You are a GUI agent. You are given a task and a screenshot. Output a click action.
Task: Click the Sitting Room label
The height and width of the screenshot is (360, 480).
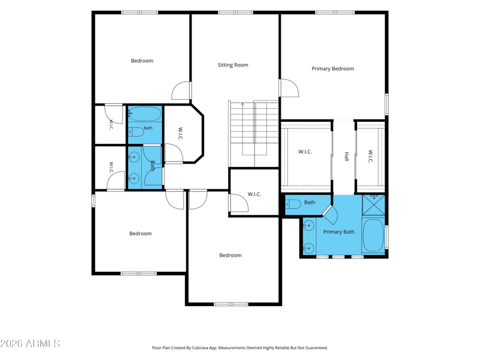click(x=233, y=65)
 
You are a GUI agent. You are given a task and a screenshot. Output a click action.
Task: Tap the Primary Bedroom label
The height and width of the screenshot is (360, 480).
click(x=333, y=69)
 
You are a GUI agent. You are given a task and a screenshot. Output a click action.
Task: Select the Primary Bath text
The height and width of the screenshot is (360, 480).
click(x=338, y=232)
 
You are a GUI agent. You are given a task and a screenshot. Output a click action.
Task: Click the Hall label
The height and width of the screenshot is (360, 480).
click(x=347, y=157)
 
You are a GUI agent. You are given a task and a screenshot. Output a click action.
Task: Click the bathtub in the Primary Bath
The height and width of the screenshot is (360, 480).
click(x=373, y=235)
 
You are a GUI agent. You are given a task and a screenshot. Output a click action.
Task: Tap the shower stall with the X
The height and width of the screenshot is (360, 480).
click(x=373, y=205)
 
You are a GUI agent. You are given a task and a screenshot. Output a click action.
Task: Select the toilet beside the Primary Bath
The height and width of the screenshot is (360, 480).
click(x=293, y=204)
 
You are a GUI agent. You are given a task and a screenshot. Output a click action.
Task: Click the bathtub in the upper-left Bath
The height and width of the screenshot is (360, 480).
click(x=145, y=114)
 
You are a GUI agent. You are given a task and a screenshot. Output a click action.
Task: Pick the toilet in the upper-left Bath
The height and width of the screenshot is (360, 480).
click(x=136, y=132)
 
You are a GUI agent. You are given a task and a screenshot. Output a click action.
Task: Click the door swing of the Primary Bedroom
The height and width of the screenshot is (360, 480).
click(x=290, y=88)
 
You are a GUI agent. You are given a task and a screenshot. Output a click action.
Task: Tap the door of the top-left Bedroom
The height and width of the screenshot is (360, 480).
click(x=181, y=91)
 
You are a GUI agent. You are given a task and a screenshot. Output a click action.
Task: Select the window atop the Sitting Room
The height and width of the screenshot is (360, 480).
click(x=235, y=13)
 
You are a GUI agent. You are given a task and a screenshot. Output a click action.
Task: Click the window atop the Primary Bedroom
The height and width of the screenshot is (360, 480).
click(x=335, y=13)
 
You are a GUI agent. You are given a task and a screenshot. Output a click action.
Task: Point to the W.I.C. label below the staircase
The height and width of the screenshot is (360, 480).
click(x=254, y=194)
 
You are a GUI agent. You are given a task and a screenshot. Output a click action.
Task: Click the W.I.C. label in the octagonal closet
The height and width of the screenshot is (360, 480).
click(x=181, y=134)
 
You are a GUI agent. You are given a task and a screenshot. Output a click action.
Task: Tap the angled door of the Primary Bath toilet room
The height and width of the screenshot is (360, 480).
click(x=327, y=211)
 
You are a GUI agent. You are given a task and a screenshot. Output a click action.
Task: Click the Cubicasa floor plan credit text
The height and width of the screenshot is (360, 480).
click(x=239, y=348)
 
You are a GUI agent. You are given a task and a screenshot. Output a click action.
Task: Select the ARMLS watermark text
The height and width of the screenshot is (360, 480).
click(x=30, y=343)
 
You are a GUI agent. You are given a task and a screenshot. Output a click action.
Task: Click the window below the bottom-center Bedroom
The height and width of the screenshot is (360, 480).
click(x=231, y=304)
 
